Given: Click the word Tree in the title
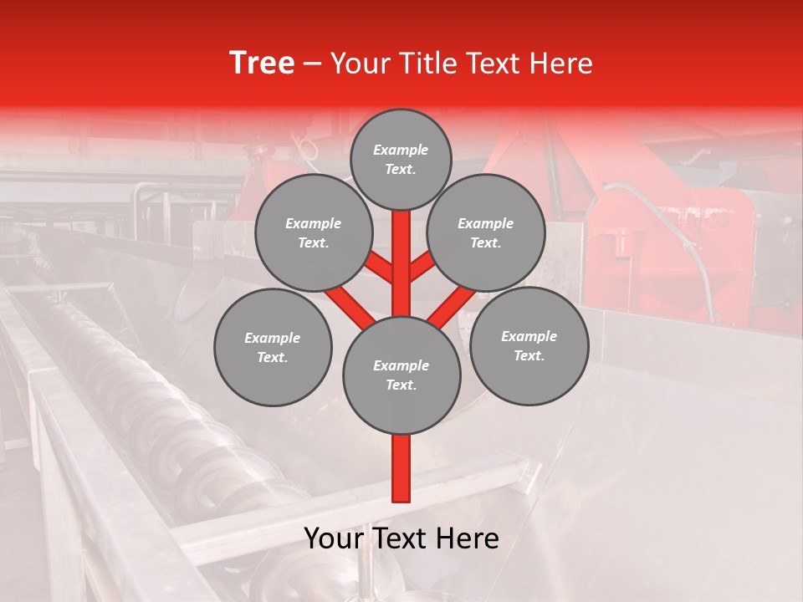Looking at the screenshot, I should (262, 64).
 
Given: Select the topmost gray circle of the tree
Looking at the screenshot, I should (401, 159).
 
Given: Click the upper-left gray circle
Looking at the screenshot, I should (313, 233).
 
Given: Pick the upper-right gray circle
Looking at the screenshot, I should (486, 233).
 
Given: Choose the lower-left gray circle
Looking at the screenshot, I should (273, 347).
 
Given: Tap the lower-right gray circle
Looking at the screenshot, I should (529, 345).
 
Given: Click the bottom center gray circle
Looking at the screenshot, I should (401, 375).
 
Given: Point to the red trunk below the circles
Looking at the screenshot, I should (401, 468).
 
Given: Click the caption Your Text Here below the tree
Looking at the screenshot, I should (401, 538).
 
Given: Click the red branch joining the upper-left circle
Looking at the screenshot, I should (378, 268).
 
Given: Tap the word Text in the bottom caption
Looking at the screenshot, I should (401, 538).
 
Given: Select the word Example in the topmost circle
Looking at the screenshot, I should (401, 150).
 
